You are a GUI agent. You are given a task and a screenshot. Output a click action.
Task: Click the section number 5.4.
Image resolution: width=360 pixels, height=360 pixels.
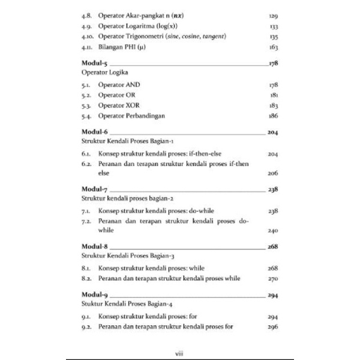click(x=86, y=115)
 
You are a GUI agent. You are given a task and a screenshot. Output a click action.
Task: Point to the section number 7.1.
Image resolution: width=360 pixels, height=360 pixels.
click(x=86, y=212)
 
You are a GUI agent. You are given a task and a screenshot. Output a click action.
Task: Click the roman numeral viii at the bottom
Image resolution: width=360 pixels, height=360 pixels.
click(x=180, y=354)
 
